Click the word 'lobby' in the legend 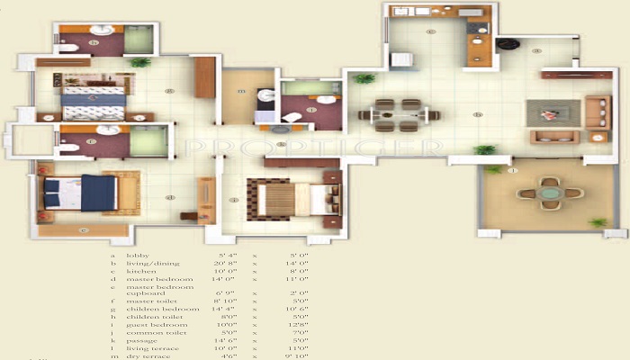click(x=138, y=256)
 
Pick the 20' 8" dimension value click(x=226, y=263)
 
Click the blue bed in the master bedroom click(x=80, y=193)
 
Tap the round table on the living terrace click(x=548, y=193)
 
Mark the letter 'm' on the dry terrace click(x=241, y=92)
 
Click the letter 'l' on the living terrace click(x=512, y=171)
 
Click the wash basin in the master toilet click(x=108, y=130)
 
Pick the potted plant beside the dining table click(x=363, y=79)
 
